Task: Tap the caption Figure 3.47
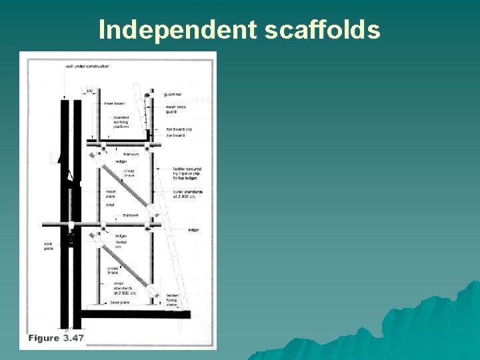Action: click(56, 338)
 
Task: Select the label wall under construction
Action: click(87, 67)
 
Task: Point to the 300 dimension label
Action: click(89, 91)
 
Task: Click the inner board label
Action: click(114, 103)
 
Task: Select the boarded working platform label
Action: click(121, 122)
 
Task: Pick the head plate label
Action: click(111, 194)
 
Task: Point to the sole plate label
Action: click(48, 247)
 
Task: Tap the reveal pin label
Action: click(122, 245)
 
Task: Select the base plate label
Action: click(119, 302)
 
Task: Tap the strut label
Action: click(110, 205)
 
